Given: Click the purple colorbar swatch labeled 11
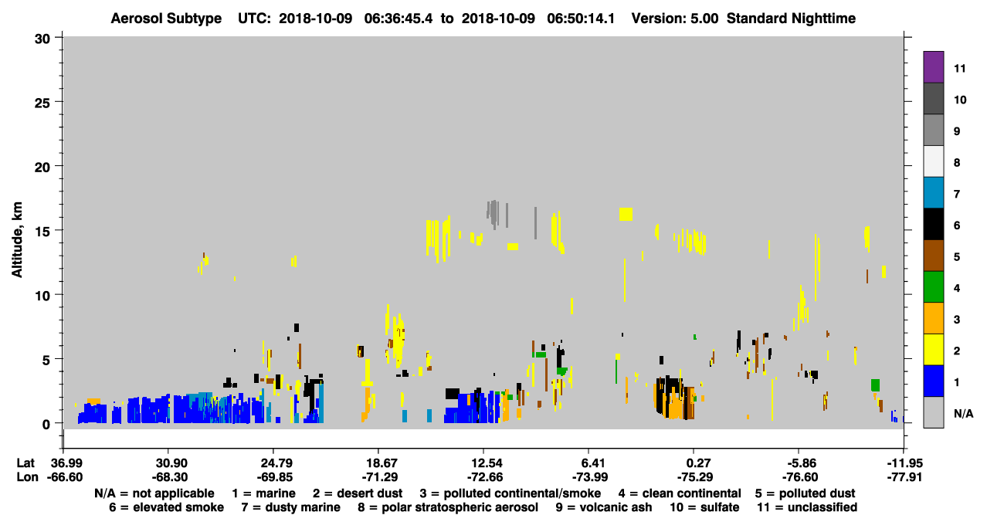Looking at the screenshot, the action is point(934,67).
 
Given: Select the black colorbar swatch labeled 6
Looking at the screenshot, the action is point(934,224).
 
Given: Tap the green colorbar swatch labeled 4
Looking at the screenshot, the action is point(934,287).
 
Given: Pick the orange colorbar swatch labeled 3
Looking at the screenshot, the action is point(934,318).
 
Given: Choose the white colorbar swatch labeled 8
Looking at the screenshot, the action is point(934,161).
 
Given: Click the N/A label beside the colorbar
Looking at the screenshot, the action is point(963,414).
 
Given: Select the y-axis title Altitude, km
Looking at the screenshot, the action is point(16,240).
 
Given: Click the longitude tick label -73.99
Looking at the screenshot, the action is point(590,477).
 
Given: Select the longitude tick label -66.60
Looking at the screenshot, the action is point(65,477).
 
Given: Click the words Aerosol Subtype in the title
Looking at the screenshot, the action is point(166,19).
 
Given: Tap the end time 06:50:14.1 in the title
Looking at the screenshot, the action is point(581,19).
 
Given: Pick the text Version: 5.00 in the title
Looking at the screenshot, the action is point(675,19).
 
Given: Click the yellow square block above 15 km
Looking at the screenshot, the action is point(626,214).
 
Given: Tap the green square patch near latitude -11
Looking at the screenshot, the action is point(875,385).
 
